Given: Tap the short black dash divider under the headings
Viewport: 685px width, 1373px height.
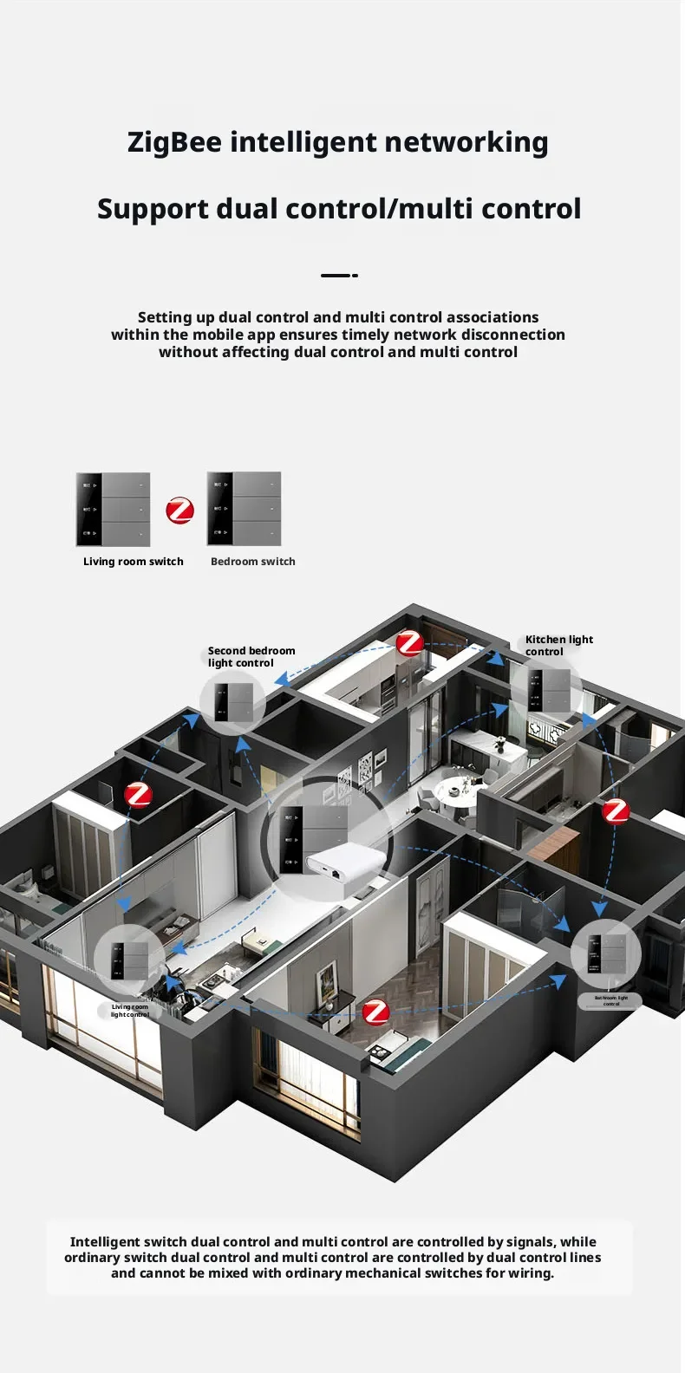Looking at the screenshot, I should coord(339,276).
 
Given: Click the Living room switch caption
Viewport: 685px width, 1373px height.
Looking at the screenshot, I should coord(134,562).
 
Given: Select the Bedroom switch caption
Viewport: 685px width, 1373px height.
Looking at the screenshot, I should coord(253,562).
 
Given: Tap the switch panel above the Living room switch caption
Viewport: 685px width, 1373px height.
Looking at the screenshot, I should coord(114,510).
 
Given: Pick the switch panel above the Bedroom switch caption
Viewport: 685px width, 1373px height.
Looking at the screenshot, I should coord(245,509).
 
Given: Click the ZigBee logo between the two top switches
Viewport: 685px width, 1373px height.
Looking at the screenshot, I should coord(179,510).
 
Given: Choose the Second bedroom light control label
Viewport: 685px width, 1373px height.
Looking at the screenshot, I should coord(251,657).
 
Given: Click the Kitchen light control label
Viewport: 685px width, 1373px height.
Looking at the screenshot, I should coord(558,646).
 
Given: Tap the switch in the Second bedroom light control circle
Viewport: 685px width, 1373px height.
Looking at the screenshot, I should coord(233,703).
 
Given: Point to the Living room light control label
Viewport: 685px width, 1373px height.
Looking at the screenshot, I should coord(130,1011).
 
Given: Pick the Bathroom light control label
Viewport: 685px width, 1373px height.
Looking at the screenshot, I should coord(610,1001).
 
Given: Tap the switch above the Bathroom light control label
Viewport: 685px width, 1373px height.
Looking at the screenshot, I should coord(606,953).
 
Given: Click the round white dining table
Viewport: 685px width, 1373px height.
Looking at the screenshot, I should coord(458,791).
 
